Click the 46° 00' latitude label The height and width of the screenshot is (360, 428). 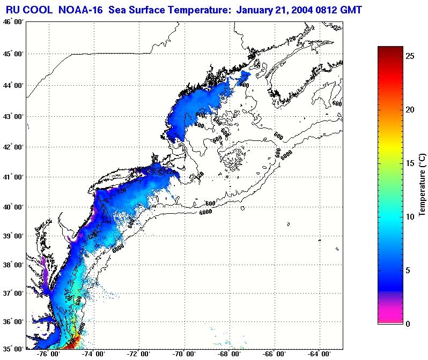coord(13,22)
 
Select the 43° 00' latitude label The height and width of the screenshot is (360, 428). coord(13,117)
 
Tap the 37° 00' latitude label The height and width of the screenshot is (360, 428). coord(13,294)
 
